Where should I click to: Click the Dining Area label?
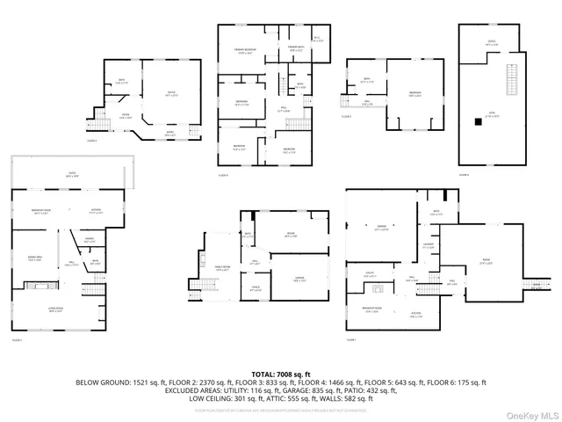coord(36,258)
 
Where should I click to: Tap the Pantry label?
coord(90,239)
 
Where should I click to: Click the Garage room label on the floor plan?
coord(381,227)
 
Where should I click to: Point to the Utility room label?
coord(370,273)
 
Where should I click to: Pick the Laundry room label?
coord(428,246)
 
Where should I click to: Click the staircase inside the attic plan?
coord(508,81)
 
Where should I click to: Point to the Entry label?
coord(169,135)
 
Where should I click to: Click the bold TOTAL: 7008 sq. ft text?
coord(280,374)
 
